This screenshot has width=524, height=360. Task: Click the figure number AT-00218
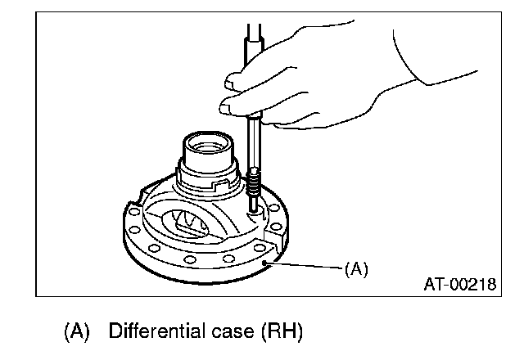459,286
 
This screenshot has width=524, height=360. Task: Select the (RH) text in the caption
282,334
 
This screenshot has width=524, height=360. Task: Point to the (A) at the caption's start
78,334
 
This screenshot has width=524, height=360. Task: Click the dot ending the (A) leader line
265,262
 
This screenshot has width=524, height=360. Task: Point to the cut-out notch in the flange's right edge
278,243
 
